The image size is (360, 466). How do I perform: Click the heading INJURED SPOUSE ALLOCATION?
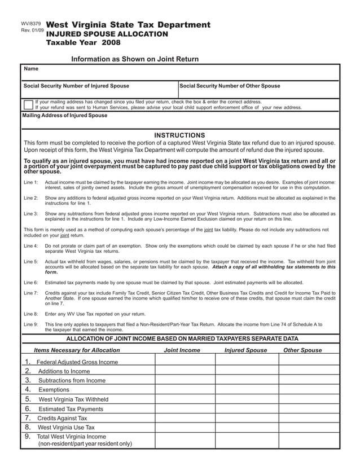point(107,34)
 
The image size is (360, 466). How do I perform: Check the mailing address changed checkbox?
point(28,104)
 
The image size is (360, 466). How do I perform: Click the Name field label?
point(32,69)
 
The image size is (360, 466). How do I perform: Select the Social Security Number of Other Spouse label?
point(230,86)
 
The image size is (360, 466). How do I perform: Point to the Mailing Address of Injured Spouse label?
point(64,116)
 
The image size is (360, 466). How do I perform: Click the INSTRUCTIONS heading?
point(179,135)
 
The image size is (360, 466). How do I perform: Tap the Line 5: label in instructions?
point(31,262)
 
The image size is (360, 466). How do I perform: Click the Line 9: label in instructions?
point(31,324)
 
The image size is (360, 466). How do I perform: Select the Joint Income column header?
point(182,350)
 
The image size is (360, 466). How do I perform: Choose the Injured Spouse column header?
point(245,350)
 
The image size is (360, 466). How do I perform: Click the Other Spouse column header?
point(302,350)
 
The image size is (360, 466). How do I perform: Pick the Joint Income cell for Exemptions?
point(185,390)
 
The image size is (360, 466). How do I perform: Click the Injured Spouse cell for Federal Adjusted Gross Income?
point(247,362)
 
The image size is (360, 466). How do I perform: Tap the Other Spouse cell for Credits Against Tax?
point(309,418)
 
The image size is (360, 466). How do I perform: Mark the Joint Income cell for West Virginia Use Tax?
point(185,428)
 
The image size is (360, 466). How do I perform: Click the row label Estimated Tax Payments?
point(71,409)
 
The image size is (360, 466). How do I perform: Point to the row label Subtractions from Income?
point(72,380)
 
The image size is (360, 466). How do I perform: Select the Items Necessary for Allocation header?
point(77,350)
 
